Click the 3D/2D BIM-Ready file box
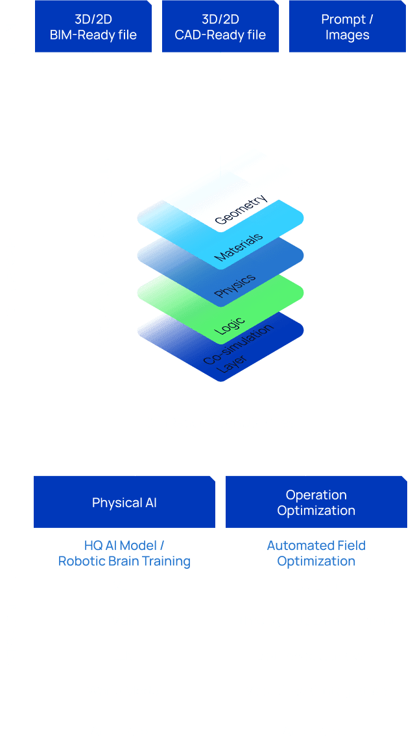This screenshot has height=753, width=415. point(93,27)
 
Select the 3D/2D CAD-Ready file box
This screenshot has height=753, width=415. point(220,27)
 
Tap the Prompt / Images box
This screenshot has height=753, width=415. point(347,27)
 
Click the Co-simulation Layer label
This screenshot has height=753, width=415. point(237,353)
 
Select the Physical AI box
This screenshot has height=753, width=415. point(124,502)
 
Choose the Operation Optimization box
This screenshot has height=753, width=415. point(316,502)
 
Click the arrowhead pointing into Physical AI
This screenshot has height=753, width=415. point(134,472)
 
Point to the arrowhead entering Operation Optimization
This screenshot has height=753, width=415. point(305,472)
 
